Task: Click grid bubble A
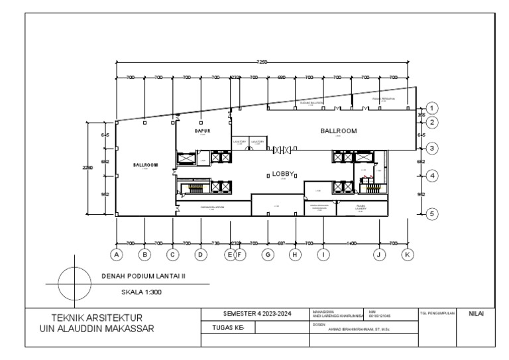pos(116,254)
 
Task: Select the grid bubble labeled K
pos(408,254)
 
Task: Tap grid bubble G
pos(268,254)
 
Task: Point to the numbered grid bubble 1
pos(432,108)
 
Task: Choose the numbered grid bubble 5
pos(432,214)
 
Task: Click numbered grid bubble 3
pos(432,148)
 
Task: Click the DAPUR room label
pos(202,131)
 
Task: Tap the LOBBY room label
pos(281,175)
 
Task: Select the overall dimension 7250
pos(262,62)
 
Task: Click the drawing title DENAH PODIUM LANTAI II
pos(144,276)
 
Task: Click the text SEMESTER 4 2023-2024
pos(254,313)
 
